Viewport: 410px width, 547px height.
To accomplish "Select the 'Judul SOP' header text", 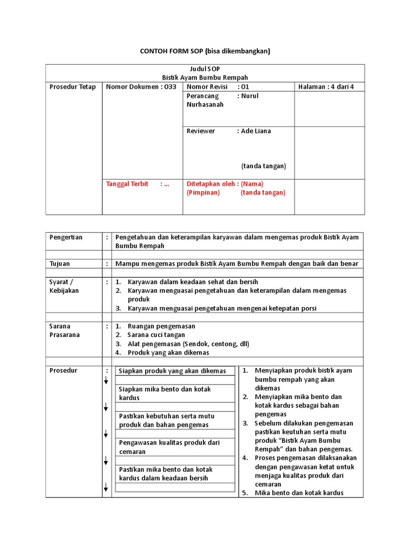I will tap(205, 69).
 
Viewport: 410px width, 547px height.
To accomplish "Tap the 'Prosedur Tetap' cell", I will tap(72, 87).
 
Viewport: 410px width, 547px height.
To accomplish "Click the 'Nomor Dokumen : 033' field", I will tap(141, 87).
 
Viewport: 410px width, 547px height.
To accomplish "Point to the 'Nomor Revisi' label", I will tap(207, 87).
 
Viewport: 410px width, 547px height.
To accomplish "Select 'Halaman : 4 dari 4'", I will tap(326, 87).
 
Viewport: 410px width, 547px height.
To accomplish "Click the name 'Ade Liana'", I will tap(256, 131).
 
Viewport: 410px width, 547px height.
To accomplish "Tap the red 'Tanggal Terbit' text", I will tap(127, 184).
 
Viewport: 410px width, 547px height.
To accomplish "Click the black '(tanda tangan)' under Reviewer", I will tap(263, 166).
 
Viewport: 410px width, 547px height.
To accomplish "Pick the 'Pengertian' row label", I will tap(66, 237).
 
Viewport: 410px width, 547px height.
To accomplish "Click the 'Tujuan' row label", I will tap(59, 263).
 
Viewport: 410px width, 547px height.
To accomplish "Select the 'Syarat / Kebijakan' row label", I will tap(64, 286).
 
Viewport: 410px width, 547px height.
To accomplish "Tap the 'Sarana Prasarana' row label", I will tap(64, 330).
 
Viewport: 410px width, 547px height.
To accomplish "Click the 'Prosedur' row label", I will tap(62, 370).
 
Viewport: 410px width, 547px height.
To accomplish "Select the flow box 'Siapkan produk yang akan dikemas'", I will tap(172, 371).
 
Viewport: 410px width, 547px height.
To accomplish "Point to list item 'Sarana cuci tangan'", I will tap(156, 335).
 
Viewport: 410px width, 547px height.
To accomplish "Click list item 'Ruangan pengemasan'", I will tap(161, 326).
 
